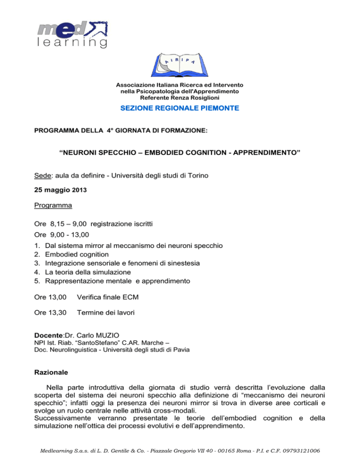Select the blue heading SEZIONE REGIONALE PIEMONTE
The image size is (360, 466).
180,108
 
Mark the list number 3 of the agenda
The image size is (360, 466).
37,263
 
